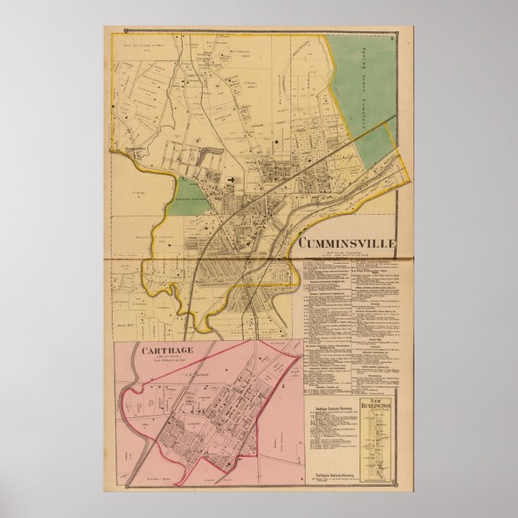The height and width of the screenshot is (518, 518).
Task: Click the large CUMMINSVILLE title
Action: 347,240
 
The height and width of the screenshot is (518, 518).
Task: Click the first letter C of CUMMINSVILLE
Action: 303,240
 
